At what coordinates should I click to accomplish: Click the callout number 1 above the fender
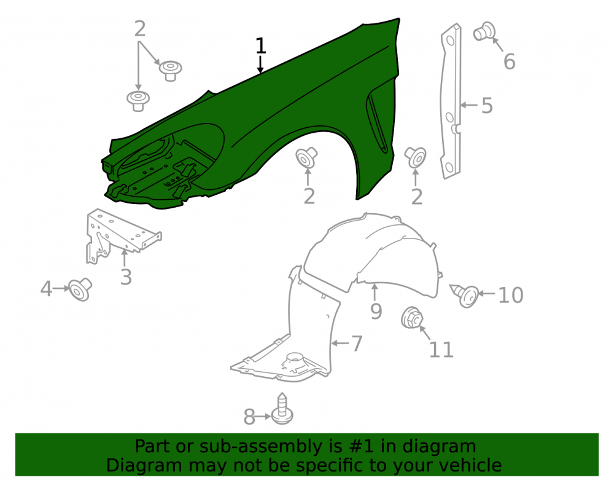click(261, 46)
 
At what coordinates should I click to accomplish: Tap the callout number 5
click(487, 106)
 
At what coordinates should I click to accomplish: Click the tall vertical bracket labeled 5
click(451, 101)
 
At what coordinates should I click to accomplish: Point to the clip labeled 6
click(484, 31)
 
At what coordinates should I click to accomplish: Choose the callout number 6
click(509, 62)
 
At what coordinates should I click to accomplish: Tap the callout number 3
click(126, 277)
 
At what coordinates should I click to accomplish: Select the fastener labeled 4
click(80, 289)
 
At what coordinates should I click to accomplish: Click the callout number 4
click(46, 289)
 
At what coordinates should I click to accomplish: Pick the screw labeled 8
click(282, 409)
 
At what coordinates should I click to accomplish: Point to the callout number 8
click(249, 417)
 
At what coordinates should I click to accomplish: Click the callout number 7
click(357, 344)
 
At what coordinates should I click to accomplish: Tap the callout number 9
click(376, 312)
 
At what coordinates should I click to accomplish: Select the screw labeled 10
click(465, 294)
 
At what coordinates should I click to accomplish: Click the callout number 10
click(511, 295)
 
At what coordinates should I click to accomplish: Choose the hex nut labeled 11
click(412, 318)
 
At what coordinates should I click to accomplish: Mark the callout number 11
click(441, 350)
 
